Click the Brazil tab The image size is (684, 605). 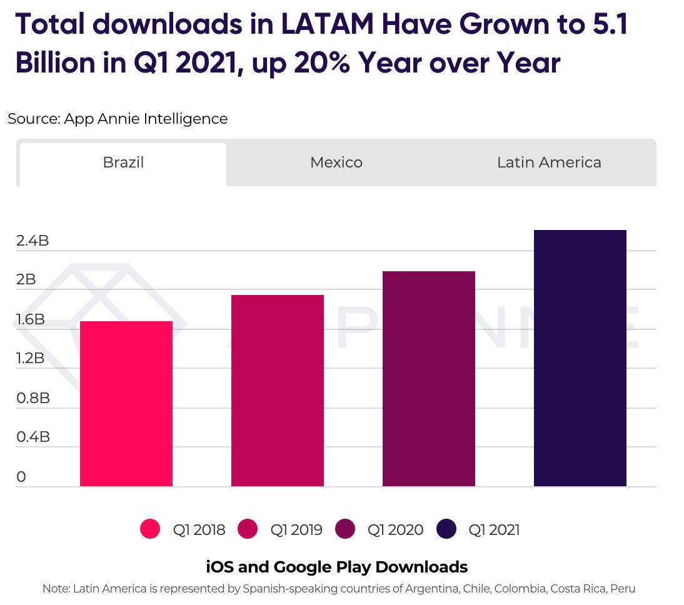point(123,162)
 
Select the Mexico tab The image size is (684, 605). point(336,162)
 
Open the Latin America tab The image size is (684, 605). point(549,162)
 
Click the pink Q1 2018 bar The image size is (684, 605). point(126,404)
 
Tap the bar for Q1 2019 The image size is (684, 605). point(278,391)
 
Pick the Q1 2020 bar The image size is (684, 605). point(429,379)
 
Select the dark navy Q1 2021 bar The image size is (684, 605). point(580,358)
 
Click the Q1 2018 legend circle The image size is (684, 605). point(150,529)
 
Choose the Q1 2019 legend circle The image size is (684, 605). point(248,529)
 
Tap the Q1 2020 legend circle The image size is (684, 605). point(345,529)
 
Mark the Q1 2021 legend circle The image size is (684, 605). point(446,529)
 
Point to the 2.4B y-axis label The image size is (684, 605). point(33,241)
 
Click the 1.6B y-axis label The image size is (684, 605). point(31,319)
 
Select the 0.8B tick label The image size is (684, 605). point(33,398)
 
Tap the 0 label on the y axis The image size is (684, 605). point(21,477)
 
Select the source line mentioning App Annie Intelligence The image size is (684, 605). point(118,118)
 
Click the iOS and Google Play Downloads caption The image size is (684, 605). point(336,567)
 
